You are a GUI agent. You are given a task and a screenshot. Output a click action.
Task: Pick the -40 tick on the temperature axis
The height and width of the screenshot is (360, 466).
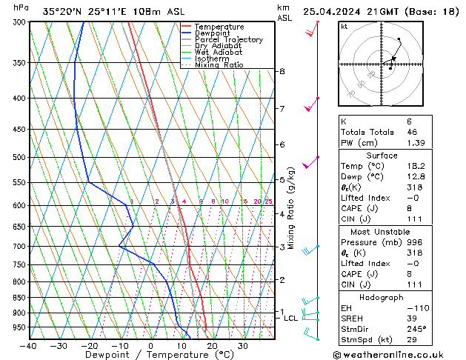click(28, 346)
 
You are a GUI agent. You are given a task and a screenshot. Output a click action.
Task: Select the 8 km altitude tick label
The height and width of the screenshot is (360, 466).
click(282, 71)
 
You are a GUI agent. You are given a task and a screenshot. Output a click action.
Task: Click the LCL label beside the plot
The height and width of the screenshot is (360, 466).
click(291, 318)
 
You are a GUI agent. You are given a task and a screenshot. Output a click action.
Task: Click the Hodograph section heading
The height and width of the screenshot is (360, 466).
click(398, 296)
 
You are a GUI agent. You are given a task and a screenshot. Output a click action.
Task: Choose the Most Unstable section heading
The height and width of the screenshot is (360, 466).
click(398, 232)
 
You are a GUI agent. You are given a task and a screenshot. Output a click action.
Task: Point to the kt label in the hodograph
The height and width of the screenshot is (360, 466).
click(344, 26)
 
